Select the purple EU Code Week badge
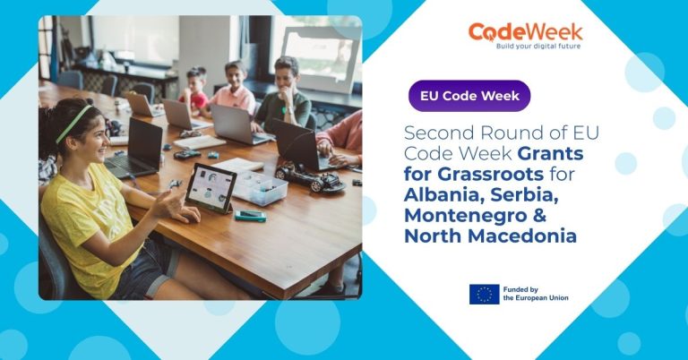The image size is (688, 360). (469, 96)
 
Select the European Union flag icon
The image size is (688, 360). (484, 294)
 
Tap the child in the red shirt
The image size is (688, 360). (194, 90)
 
